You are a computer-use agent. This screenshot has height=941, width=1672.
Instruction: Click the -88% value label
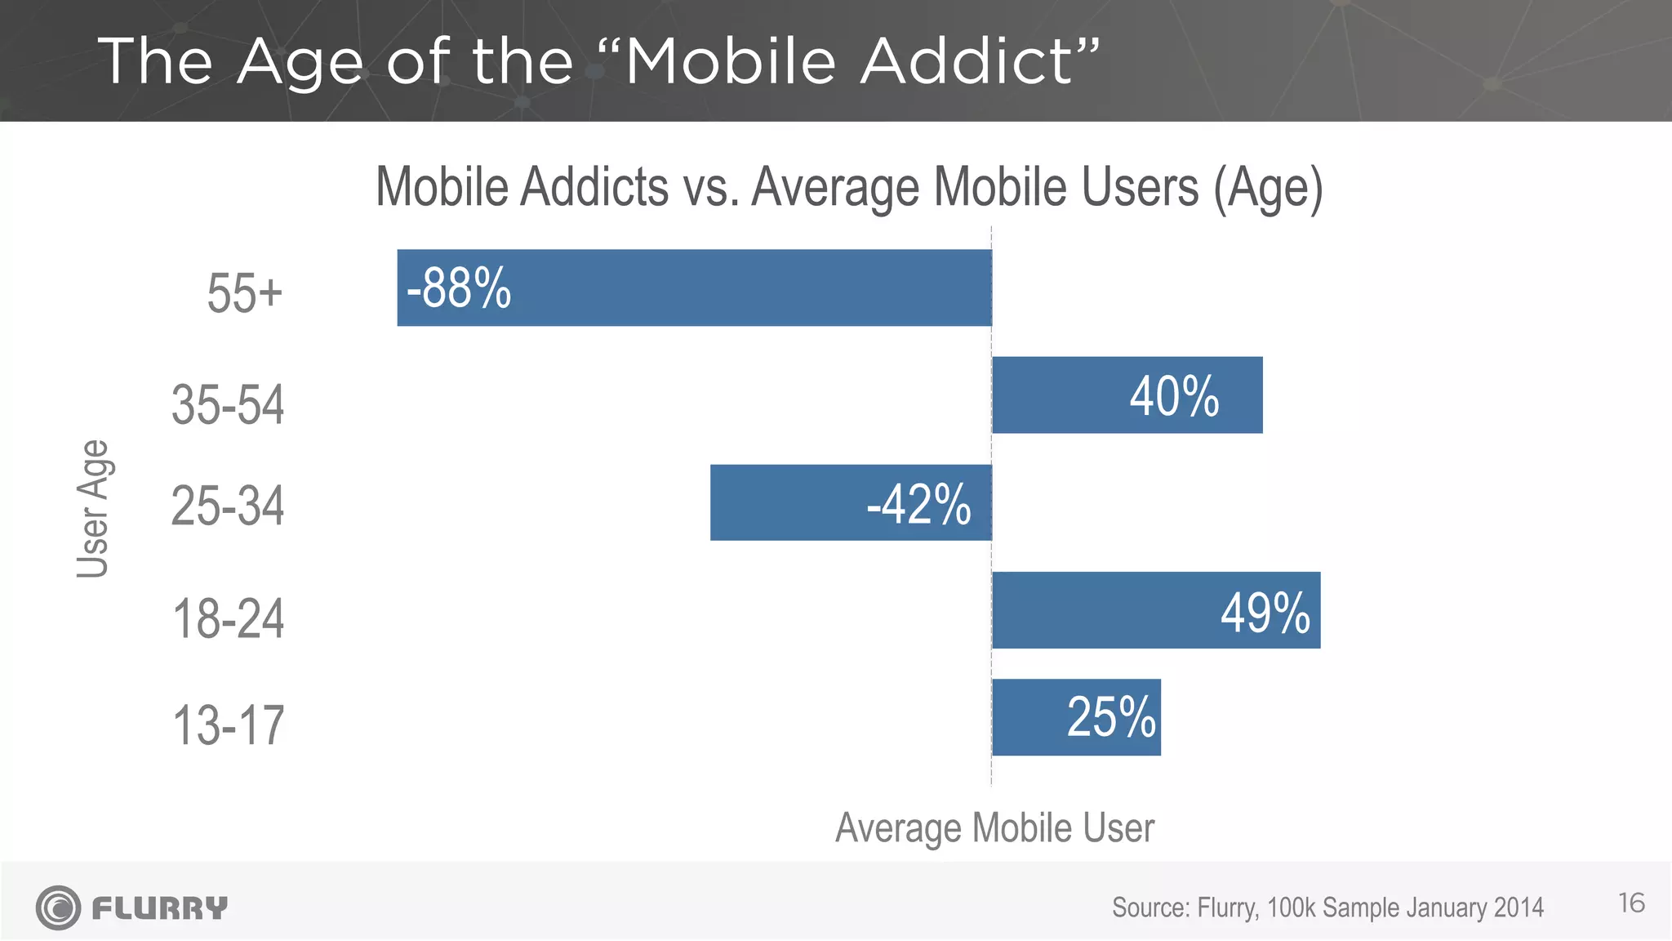coord(459,288)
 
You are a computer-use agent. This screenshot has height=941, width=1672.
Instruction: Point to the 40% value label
coord(1174,397)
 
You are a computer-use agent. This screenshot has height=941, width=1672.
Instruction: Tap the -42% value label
coord(918,504)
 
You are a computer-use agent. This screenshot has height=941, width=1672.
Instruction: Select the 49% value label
coord(1265,613)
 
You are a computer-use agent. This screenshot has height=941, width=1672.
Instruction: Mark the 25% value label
coord(1111,718)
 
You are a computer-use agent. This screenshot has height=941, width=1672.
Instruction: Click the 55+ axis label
coord(244,293)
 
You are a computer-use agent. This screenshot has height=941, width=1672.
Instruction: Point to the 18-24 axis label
coord(228,619)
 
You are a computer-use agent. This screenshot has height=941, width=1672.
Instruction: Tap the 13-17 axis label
coord(228,725)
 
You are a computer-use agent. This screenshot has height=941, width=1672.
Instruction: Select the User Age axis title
coord(93,508)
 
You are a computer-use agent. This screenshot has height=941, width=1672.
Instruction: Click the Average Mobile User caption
coord(994,828)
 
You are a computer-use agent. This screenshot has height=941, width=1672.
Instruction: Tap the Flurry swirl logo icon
coord(58,908)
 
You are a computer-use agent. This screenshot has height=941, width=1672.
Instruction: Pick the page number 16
coord(1631,903)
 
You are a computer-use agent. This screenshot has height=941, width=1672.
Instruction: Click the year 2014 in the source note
coord(1519,908)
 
